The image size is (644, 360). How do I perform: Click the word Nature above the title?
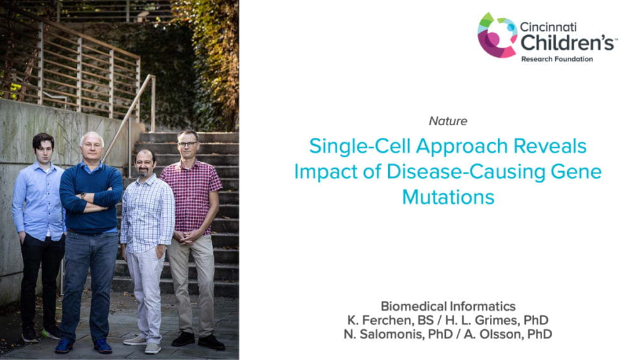pyautogui.click(x=448, y=121)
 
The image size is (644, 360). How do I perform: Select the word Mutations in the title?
pyautogui.click(x=448, y=197)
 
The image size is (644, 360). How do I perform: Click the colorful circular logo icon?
pyautogui.click(x=497, y=35)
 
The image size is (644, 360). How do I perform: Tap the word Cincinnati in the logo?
pyautogui.click(x=548, y=28)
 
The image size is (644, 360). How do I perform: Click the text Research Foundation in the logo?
pyautogui.click(x=557, y=59)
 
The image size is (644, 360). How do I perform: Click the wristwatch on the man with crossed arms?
pyautogui.click(x=83, y=196)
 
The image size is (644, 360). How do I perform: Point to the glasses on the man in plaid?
pyautogui.click(x=187, y=144)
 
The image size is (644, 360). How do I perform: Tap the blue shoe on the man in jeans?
pyautogui.click(x=63, y=346)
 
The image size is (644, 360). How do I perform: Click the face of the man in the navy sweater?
pyautogui.click(x=92, y=149)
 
